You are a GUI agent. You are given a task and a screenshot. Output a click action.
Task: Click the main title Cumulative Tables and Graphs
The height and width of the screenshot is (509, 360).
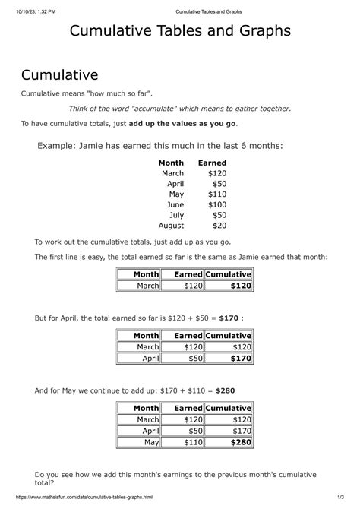pos(179,33)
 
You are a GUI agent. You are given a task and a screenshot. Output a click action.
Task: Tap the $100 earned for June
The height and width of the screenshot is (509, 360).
pos(216,204)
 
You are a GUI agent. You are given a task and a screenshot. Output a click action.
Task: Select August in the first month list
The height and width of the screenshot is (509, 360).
pos(171,225)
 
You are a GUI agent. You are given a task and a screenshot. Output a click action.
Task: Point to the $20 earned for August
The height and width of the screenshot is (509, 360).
pos(219,225)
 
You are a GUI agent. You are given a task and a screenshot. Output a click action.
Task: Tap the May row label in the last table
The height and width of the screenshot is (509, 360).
pos(151,442)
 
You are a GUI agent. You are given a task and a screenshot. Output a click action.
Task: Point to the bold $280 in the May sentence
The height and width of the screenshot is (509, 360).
pos(226,390)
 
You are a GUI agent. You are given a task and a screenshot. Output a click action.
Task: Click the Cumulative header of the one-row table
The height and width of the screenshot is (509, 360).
pos(228,274)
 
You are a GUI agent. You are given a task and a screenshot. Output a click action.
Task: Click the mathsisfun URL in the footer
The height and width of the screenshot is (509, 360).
pos(77,498)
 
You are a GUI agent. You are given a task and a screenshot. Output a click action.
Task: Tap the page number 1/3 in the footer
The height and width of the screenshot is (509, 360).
pos(343,498)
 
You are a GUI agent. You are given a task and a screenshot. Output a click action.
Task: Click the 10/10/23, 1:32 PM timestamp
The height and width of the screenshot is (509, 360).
pos(39,10)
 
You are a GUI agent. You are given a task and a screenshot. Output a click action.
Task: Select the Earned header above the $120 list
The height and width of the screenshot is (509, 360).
pos(212,163)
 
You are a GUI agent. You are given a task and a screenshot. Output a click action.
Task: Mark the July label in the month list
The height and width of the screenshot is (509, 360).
pos(174,215)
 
